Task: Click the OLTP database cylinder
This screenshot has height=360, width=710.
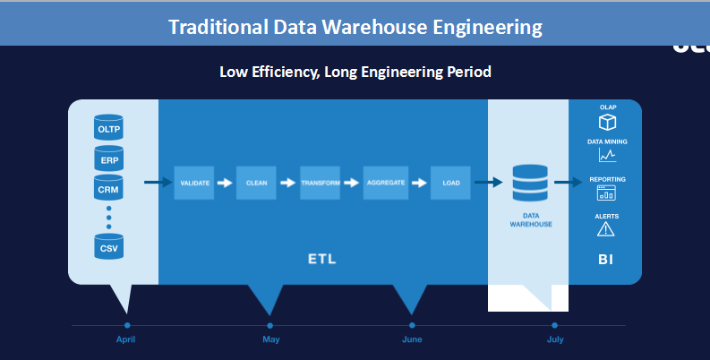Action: point(108,128)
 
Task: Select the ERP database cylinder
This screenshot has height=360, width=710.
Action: point(108,159)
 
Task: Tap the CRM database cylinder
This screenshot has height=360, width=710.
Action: point(108,190)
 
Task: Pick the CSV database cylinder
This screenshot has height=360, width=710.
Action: point(108,246)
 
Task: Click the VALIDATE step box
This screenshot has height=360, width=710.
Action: point(194,183)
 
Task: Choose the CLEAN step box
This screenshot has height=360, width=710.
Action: point(256,183)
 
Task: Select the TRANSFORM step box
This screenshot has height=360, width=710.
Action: point(320,183)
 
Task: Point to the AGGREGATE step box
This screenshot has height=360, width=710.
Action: point(385,183)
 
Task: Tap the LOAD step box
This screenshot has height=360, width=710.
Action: point(450,183)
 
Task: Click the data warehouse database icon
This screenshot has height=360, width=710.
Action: point(530,184)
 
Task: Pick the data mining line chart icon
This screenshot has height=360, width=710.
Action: point(607,156)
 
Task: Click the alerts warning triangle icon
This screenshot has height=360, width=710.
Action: point(606,229)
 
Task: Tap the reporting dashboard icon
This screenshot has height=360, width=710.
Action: point(607,193)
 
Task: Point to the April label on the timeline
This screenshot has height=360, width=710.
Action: point(127,340)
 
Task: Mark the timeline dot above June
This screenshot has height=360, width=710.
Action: point(412,325)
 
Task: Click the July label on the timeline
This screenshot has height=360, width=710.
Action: point(555,340)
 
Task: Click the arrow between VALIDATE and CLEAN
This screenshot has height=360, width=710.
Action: point(225,183)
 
